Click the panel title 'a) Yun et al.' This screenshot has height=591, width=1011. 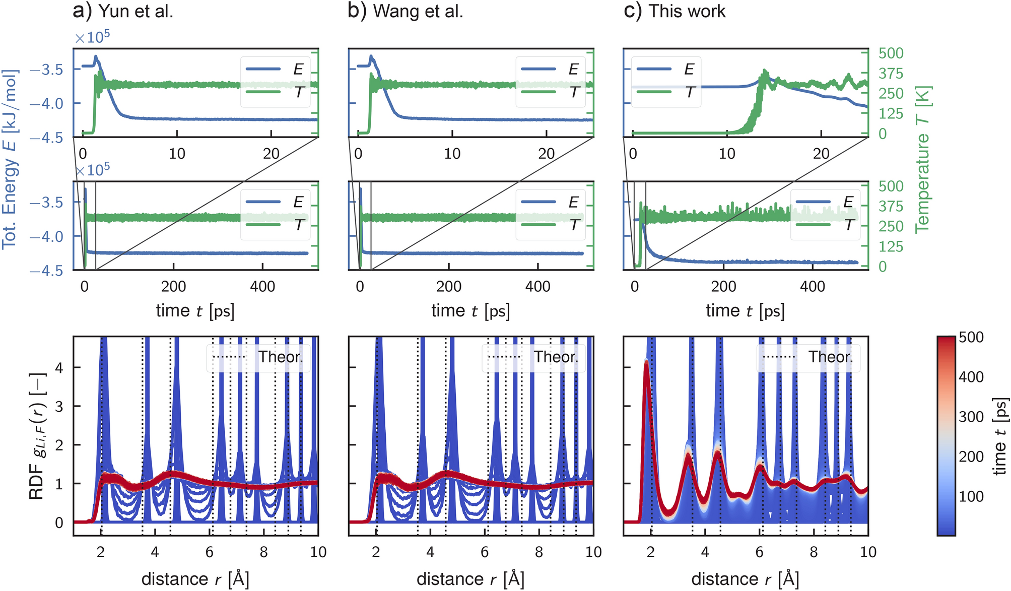[x=123, y=11]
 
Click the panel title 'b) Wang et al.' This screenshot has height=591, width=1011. [x=406, y=11]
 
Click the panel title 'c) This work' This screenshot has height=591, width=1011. [x=675, y=11]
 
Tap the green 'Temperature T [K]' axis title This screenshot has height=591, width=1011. [x=923, y=159]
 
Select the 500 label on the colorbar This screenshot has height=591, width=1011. [x=971, y=337]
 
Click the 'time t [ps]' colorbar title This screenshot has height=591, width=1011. [x=1000, y=436]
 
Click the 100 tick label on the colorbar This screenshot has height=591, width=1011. [x=971, y=496]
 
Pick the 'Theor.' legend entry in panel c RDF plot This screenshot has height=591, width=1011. [x=830, y=357]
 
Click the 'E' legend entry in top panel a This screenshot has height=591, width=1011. [x=298, y=70]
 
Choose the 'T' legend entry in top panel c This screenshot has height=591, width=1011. [x=690, y=92]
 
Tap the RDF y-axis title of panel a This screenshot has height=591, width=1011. [x=37, y=436]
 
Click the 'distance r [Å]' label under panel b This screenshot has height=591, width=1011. [x=470, y=579]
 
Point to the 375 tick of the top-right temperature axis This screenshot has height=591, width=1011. [x=891, y=74]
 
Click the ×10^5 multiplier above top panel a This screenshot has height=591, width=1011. [x=92, y=38]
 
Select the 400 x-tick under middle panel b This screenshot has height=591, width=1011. [x=537, y=287]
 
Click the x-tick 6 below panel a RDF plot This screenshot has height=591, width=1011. [x=209, y=552]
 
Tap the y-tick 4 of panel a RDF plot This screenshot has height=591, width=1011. [x=59, y=368]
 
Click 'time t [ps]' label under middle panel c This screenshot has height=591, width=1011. [x=745, y=311]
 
